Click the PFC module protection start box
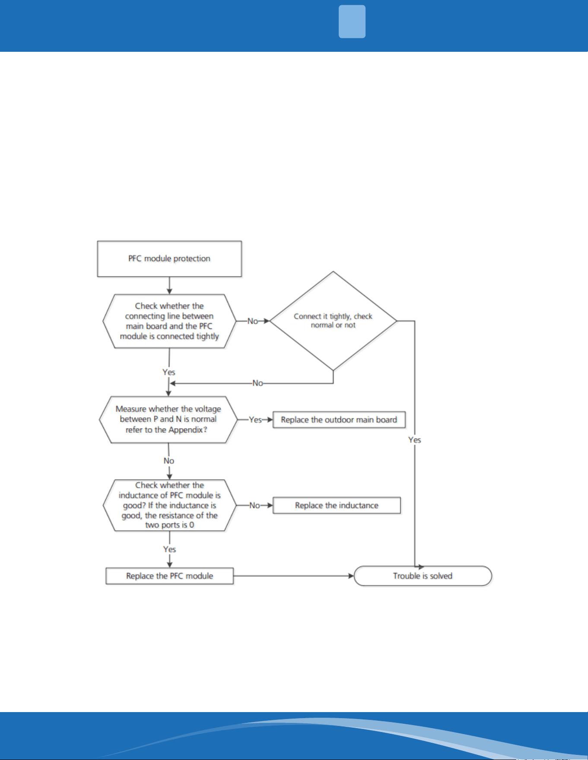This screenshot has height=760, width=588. point(169,259)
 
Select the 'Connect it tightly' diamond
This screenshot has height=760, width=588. point(333,321)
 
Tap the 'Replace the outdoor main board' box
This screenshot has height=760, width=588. point(339,419)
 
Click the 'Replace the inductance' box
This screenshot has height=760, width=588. point(337,505)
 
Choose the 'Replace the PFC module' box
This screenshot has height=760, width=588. point(169,576)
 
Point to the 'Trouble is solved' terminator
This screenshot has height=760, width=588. point(423,576)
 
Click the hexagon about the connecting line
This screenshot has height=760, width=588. point(169,321)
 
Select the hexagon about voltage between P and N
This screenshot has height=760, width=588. point(168,419)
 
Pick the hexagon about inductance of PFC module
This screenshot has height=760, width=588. point(169,505)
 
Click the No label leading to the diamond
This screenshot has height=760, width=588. point(253,321)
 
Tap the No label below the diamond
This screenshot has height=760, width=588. point(257,383)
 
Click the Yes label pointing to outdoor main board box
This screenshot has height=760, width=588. point(255,419)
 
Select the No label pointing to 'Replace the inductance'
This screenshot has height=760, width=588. point(254,505)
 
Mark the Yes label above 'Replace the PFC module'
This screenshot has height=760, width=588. point(169,549)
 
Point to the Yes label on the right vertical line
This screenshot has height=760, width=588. point(415,440)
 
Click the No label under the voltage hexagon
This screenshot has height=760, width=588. point(169,461)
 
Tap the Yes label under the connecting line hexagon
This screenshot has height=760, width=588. point(169,372)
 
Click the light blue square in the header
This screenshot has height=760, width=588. point(352,22)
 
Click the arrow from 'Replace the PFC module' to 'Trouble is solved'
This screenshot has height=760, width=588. point(294,576)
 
